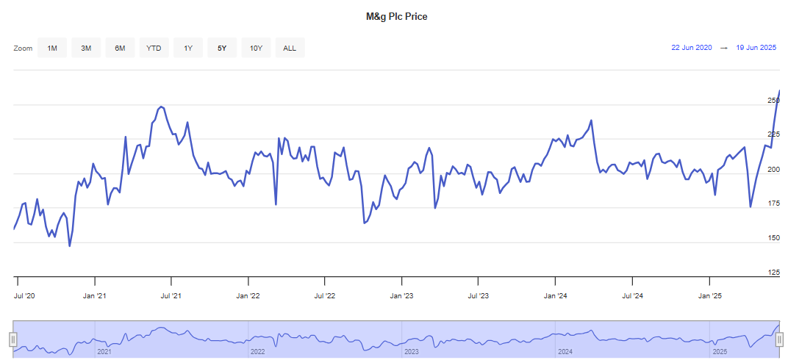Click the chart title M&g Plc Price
coord(396,16)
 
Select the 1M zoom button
coord(52,48)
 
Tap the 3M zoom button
coord(86,48)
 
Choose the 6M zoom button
coord(120,48)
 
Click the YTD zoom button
coord(154,48)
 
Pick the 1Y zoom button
coord(188,48)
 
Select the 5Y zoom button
coord(222,48)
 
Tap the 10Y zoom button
coord(256,48)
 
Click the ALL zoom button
coord(290,48)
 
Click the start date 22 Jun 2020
coord(691,48)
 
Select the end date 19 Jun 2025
coord(756,48)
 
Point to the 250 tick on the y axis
coord(773,100)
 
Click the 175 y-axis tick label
coord(773,204)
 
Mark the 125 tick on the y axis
coord(773,273)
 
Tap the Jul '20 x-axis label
coord(25,296)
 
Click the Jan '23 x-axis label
coord(401,296)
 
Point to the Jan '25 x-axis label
coord(709,296)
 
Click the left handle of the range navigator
coord(12,339)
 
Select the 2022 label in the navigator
coord(257,352)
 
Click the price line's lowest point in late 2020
coord(70,245)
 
